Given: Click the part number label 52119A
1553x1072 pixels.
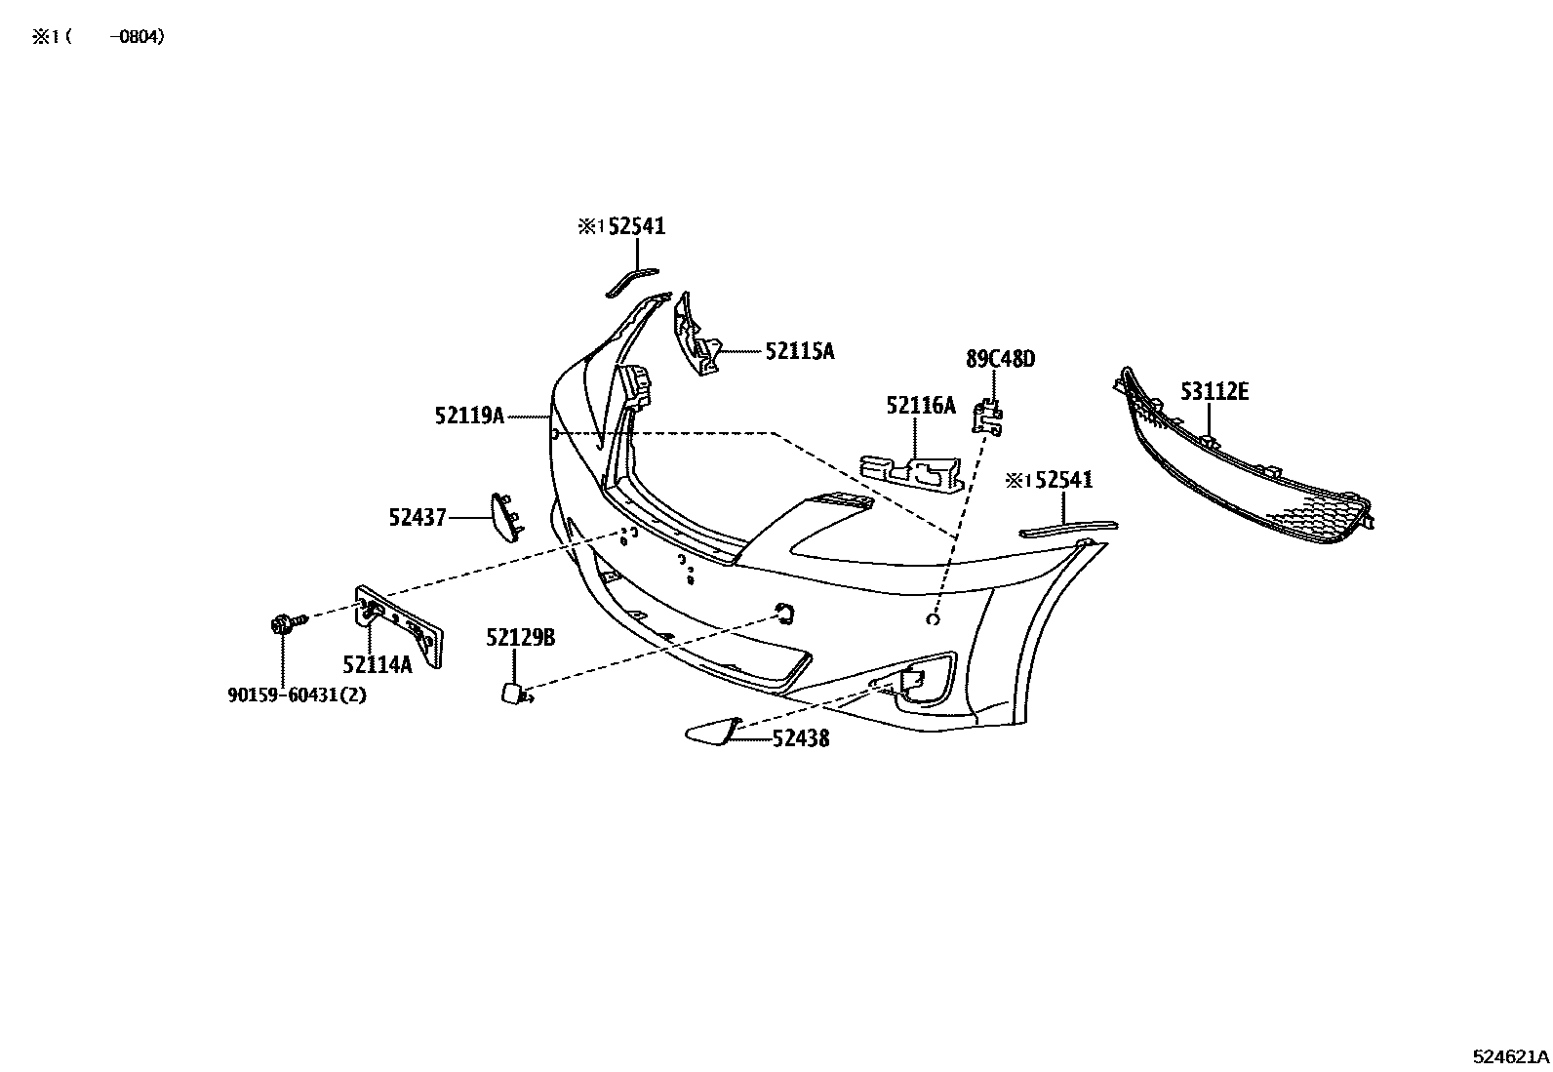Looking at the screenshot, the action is point(469,416).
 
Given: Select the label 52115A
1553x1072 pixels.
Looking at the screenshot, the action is point(799,351).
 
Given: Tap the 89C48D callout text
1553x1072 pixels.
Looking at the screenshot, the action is point(1001,359).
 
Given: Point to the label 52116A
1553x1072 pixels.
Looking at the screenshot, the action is point(921,406).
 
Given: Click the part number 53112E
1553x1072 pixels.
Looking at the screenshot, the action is point(1215,392).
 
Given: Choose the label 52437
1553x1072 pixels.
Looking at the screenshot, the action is point(418,517).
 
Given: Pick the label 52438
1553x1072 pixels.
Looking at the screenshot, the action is point(801,738).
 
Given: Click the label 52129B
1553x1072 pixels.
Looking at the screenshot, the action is point(521,637).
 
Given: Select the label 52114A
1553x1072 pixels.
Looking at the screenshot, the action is point(378,665).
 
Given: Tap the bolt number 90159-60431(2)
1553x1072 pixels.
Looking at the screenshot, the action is point(297,695).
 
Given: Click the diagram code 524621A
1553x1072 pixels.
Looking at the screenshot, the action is point(1510,1056).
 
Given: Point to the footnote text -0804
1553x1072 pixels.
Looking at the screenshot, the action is point(137,37).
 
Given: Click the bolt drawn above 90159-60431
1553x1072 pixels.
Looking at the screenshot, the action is point(288,623).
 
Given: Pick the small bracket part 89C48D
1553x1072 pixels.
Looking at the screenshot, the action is point(988,418).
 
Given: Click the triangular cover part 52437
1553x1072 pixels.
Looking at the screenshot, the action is point(507,517).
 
